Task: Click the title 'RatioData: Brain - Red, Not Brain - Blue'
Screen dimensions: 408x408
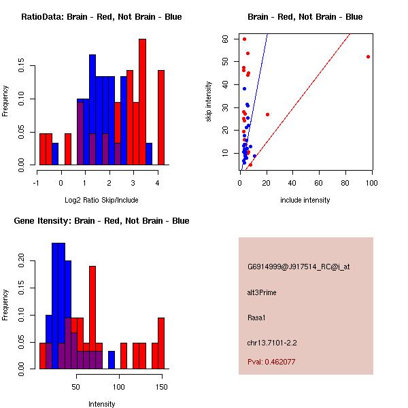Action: (101, 17)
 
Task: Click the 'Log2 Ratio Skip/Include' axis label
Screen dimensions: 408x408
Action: (101, 200)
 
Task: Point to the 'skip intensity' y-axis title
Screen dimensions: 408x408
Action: (209, 102)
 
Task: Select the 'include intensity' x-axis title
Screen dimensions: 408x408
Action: (305, 200)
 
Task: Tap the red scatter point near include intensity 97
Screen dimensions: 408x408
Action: (368, 56)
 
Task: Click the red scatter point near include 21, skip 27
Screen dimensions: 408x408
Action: (267, 114)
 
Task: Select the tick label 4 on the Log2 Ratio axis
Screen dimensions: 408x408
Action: (158, 182)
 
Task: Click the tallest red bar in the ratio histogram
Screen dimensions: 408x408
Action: (142, 102)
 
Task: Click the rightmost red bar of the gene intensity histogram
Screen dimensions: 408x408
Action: (161, 343)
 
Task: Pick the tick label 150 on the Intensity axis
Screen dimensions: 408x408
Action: (161, 386)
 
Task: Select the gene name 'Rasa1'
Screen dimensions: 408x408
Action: (256, 317)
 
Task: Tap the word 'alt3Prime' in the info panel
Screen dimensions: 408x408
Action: (262, 292)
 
